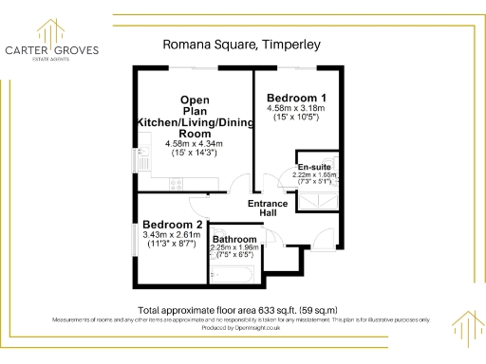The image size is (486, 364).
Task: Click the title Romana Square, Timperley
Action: (243, 44)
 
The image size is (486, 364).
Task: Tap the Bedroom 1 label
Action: (296, 98)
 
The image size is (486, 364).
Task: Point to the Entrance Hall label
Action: (269, 209)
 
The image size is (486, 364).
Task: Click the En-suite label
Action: (315, 167)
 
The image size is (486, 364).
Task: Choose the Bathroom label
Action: (234, 239)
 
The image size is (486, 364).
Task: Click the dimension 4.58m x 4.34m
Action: (195, 143)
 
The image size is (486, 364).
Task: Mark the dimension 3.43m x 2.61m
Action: (172, 234)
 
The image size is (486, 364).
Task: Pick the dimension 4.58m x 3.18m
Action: (296, 108)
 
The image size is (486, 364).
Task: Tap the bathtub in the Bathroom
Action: (232, 273)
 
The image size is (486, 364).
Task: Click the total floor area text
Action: (237, 311)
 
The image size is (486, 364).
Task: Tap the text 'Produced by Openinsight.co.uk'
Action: (242, 327)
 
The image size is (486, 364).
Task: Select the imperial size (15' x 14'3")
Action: (195, 153)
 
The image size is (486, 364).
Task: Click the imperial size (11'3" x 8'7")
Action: (172, 244)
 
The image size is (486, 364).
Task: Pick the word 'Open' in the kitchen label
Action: (196, 100)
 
